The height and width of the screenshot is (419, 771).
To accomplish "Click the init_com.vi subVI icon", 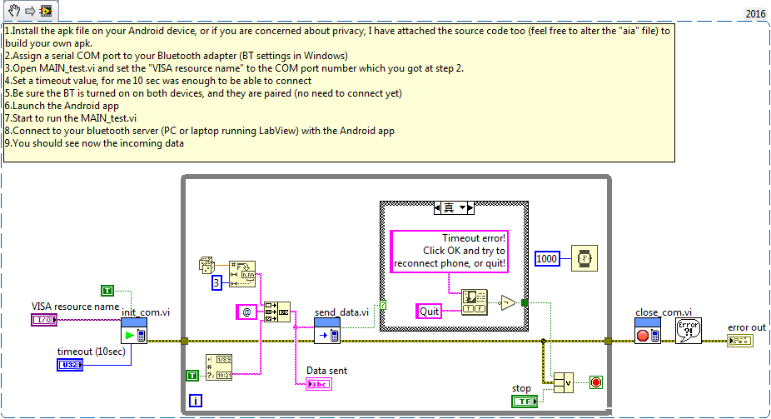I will [x=134, y=331].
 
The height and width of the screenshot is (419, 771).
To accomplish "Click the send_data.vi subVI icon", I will [x=327, y=331].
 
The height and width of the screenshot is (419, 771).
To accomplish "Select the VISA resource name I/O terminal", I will [x=43, y=320].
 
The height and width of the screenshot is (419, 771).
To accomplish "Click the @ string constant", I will [x=246, y=312].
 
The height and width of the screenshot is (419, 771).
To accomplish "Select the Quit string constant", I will [x=430, y=311].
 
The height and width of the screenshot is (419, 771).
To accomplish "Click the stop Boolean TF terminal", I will [x=523, y=402].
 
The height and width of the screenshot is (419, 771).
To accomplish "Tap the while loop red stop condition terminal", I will [x=595, y=382].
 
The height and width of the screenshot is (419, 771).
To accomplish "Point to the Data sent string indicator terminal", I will [x=318, y=384].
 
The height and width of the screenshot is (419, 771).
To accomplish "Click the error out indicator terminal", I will [x=740, y=341].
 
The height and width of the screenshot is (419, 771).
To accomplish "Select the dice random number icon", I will [x=206, y=266].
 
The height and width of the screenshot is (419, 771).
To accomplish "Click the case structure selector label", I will [x=454, y=207].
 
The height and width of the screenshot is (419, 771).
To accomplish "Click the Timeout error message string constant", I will [x=450, y=251].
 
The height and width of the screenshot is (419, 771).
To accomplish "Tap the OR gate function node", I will [x=564, y=382].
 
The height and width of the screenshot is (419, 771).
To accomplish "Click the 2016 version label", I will [x=754, y=14].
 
